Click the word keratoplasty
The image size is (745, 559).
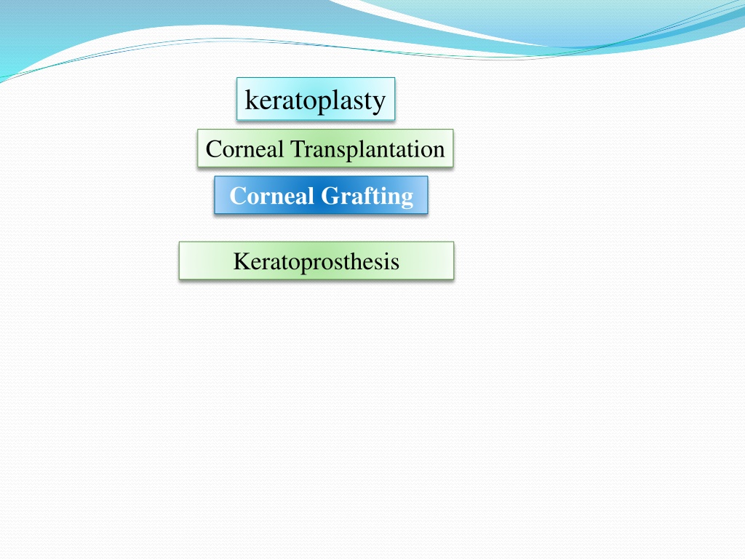point(315,100)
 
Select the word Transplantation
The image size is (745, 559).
point(367,148)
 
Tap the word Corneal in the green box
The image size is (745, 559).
point(244,149)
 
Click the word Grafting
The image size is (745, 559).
point(367,197)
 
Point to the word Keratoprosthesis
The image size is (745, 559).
point(316,262)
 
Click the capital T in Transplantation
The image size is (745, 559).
point(298,149)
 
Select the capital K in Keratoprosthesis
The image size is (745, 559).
point(242,261)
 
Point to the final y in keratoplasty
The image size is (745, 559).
point(379,105)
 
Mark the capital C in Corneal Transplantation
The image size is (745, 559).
point(215,149)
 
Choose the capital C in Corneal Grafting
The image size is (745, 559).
point(239,196)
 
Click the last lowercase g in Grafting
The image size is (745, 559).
point(407,199)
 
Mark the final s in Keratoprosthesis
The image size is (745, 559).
point(394,264)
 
